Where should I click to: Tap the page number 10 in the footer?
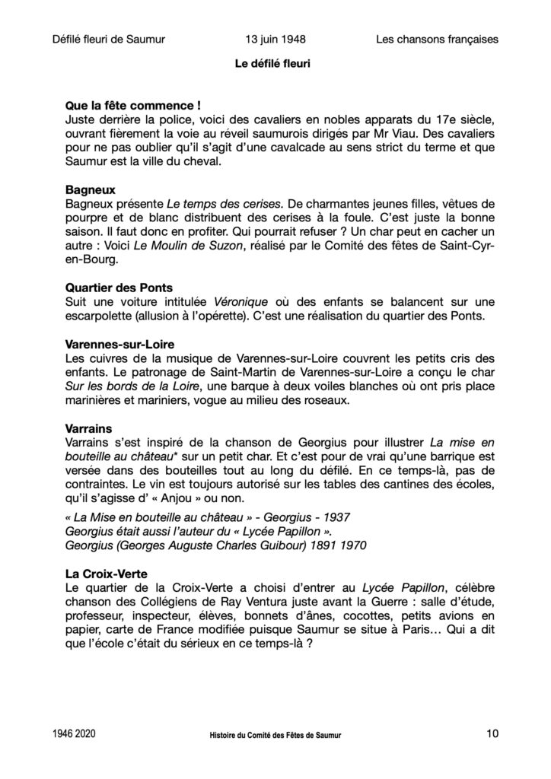click(491, 734)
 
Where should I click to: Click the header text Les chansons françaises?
click(437, 39)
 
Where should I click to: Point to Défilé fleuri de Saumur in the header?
click(110, 39)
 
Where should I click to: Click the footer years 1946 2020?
click(75, 735)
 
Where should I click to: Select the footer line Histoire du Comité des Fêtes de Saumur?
click(275, 736)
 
